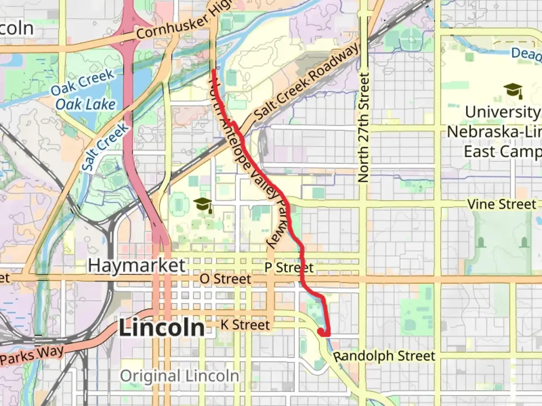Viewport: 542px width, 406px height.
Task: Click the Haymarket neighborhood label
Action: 137,266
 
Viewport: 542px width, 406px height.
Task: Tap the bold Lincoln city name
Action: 162,328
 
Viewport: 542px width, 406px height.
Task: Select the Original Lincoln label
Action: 180,376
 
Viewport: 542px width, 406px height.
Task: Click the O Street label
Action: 225,279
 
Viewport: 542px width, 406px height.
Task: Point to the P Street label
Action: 289,268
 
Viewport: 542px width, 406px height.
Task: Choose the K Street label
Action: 245,325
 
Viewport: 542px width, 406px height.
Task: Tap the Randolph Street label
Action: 384,356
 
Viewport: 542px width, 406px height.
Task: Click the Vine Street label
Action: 501,205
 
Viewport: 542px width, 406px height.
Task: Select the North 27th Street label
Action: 364,128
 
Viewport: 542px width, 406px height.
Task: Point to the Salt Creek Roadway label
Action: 306,83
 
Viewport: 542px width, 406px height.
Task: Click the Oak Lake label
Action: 85,104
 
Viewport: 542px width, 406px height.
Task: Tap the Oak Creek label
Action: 82,83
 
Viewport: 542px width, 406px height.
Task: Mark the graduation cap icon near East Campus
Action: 513,91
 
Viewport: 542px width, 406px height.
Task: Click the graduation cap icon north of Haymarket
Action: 203,205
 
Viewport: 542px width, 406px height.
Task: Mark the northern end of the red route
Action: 214,71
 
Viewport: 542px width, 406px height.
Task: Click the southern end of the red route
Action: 321,332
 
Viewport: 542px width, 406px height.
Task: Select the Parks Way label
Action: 32,356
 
